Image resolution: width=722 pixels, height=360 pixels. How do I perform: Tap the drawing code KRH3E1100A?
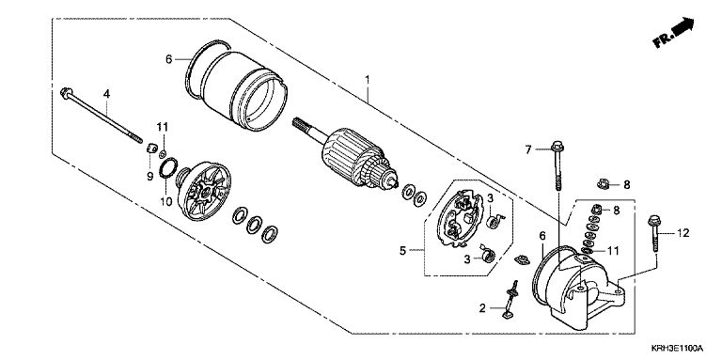pyautogui.click(x=677, y=348)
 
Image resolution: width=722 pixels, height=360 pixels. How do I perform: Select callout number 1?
pyautogui.click(x=367, y=80)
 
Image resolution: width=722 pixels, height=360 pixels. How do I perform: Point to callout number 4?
pyautogui.click(x=107, y=94)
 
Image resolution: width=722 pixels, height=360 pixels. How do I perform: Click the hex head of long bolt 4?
pyautogui.click(x=65, y=92)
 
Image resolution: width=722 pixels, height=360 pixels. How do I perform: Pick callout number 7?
pyautogui.click(x=528, y=149)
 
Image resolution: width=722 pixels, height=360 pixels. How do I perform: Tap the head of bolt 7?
pyautogui.click(x=557, y=147)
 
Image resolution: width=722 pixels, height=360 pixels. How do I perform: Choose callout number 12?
pyautogui.click(x=683, y=233)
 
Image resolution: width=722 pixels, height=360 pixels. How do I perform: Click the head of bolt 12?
pyautogui.click(x=654, y=221)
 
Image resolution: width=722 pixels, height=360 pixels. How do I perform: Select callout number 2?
pyautogui.click(x=482, y=308)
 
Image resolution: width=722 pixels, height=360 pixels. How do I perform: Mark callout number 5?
pyautogui.click(x=403, y=251)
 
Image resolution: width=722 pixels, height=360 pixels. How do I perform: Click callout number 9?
pyautogui.click(x=150, y=176)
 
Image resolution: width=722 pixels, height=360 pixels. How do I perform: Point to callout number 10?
pyautogui.click(x=165, y=201)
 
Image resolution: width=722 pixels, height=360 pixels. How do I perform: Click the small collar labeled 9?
pyautogui.click(x=152, y=149)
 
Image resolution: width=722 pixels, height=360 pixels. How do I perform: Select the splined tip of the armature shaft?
pyautogui.click(x=301, y=125)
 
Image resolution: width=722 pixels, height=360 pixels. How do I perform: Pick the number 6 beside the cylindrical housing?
pyautogui.click(x=168, y=59)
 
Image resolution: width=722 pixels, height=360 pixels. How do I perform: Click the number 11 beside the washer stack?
pyautogui.click(x=613, y=251)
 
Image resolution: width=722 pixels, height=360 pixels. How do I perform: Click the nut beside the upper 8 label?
pyautogui.click(x=603, y=184)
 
